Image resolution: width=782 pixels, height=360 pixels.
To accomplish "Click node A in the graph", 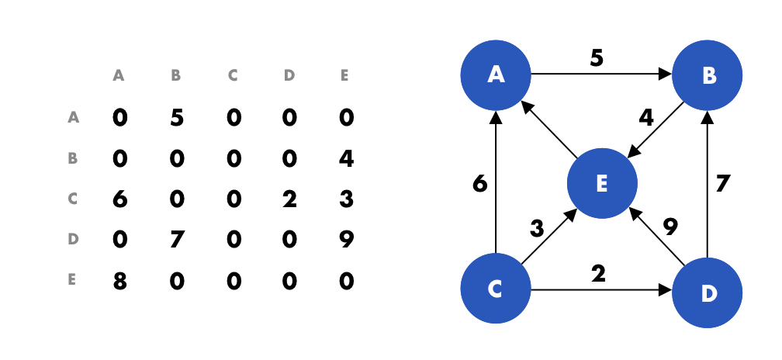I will (495, 75).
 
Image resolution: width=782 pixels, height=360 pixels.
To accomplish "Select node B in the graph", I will (707, 75).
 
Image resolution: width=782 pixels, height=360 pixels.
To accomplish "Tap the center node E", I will (601, 184).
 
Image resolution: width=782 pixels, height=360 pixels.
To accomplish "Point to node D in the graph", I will (707, 292).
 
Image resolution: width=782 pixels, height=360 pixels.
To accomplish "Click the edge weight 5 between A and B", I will (596, 59).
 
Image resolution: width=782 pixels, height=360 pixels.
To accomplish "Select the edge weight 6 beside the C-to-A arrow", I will (479, 184).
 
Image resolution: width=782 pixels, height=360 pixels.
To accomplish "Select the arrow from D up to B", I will (707, 186).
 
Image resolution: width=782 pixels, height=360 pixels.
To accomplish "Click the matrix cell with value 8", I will (119, 280).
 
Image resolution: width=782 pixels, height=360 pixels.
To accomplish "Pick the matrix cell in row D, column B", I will (176, 240).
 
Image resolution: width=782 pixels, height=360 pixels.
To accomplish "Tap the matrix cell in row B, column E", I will (346, 158).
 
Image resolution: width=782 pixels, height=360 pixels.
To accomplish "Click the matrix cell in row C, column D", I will (289, 199).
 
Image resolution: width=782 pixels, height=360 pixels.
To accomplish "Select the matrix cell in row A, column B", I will (176, 118).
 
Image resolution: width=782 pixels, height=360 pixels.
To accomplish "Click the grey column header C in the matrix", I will (232, 76).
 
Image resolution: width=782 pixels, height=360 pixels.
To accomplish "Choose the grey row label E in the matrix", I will (73, 280).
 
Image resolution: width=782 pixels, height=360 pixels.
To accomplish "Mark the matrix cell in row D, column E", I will (346, 240).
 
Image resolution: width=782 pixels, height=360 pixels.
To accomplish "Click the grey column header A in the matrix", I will (119, 76).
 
